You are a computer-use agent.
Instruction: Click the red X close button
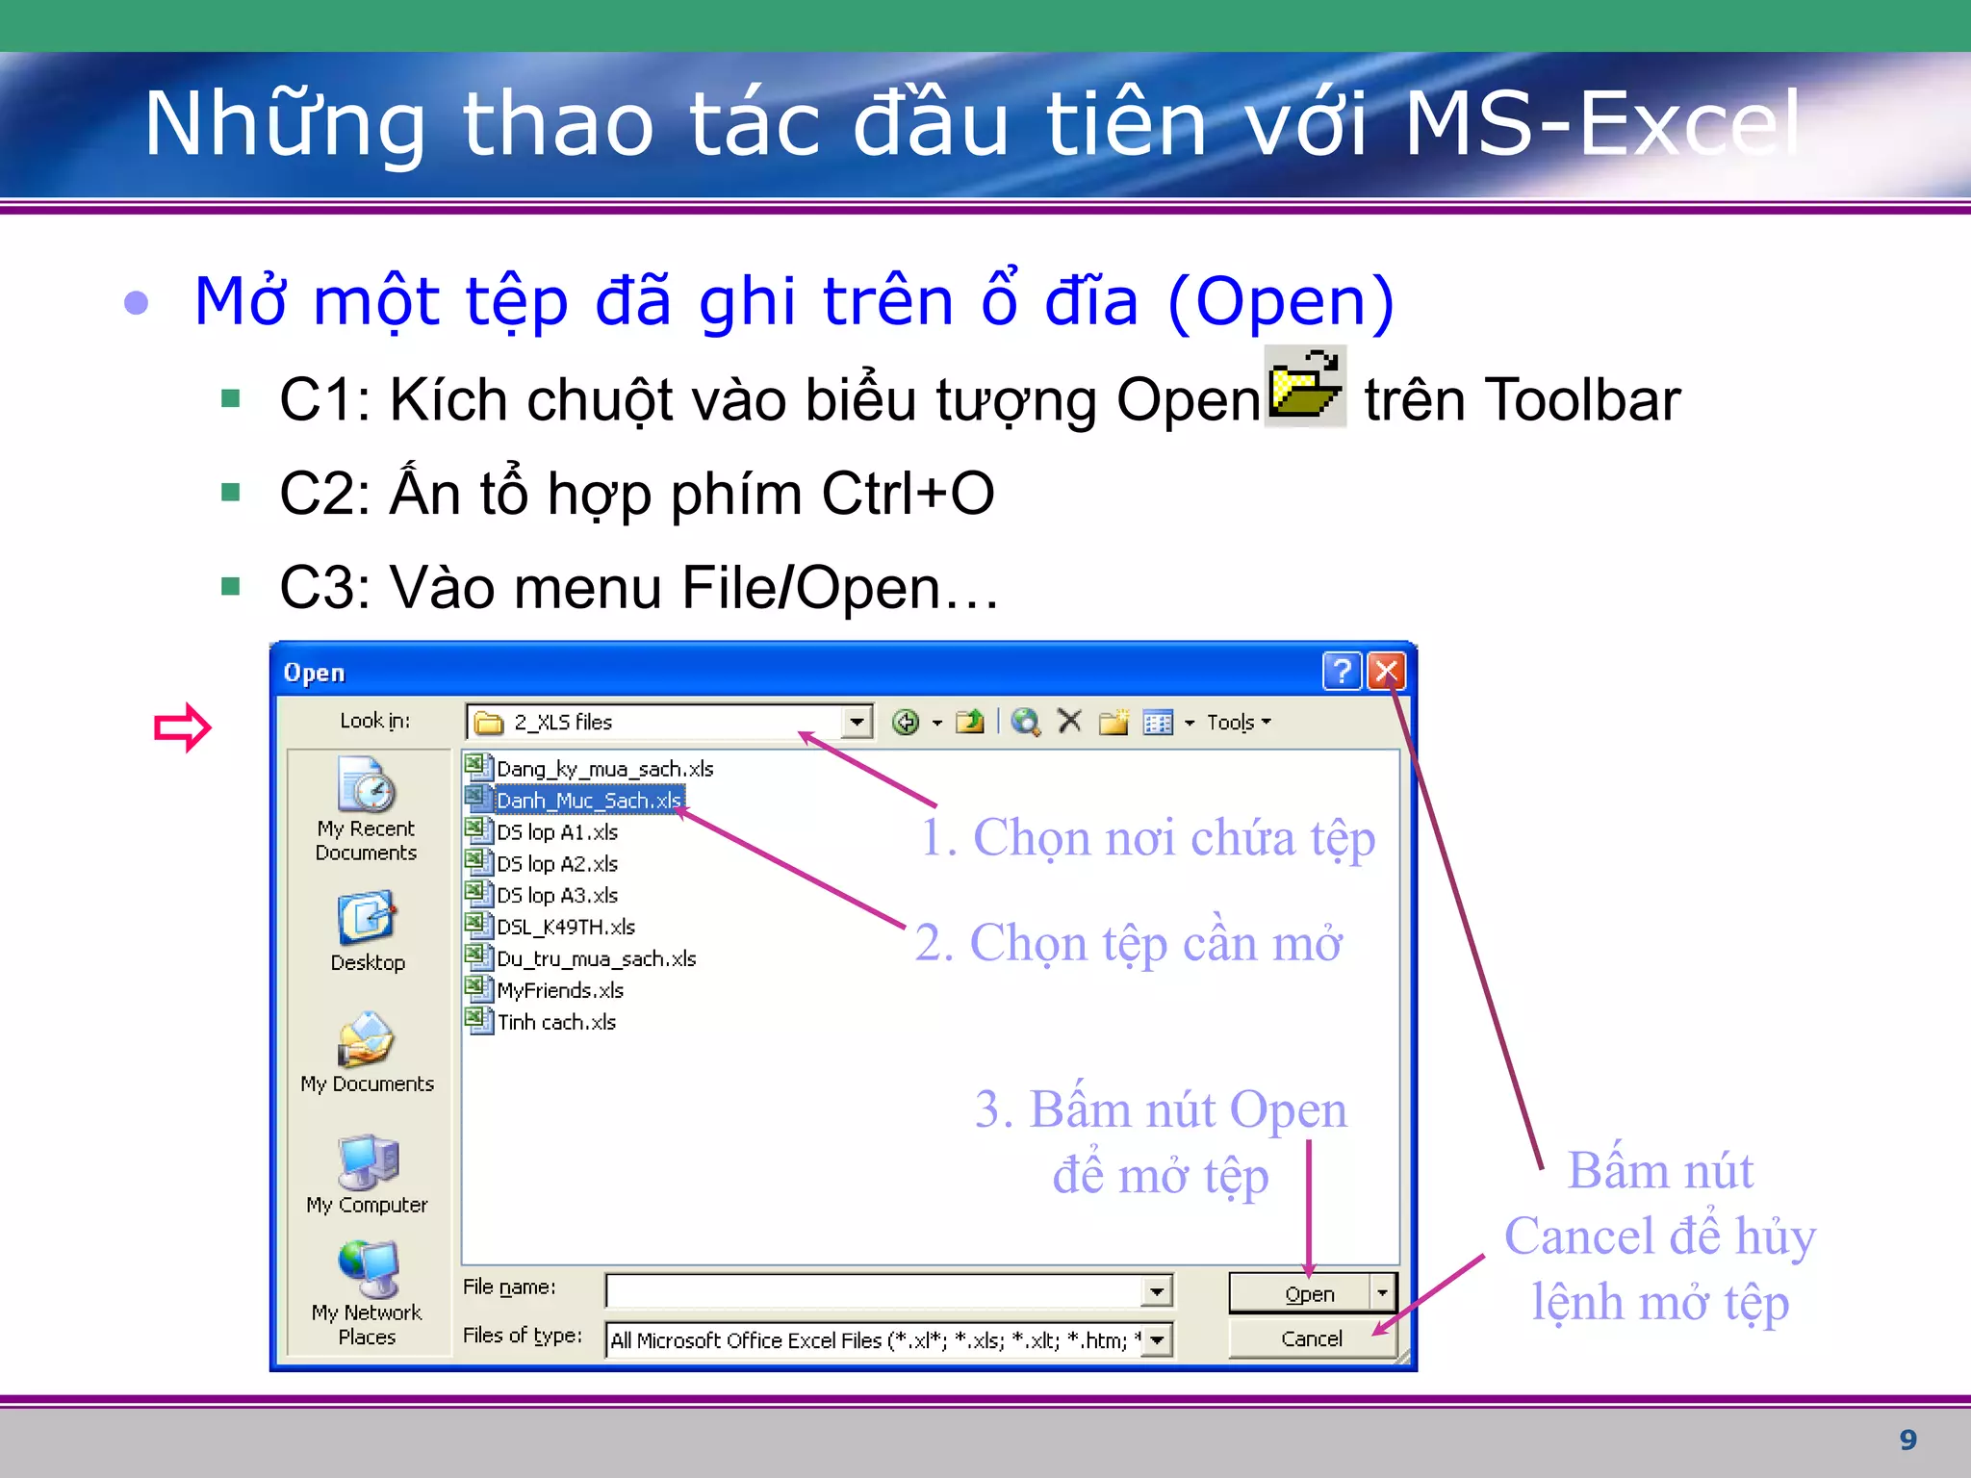tap(1386, 672)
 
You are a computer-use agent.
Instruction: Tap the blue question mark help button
tap(1342, 672)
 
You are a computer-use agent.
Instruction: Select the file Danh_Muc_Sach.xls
tap(588, 801)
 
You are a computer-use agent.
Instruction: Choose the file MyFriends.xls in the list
tap(559, 990)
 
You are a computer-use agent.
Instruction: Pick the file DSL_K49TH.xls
tap(565, 927)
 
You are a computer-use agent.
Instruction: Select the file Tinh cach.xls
tap(555, 1022)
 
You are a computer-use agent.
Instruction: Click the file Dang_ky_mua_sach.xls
tap(604, 769)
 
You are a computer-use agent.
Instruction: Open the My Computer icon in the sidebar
tap(367, 1164)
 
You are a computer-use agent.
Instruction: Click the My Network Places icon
tap(367, 1270)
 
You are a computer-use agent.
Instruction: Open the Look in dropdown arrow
tap(856, 722)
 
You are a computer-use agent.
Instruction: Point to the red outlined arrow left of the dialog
tap(182, 727)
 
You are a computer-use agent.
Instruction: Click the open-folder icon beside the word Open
tap(1304, 387)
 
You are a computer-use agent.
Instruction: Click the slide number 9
tap(1907, 1440)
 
